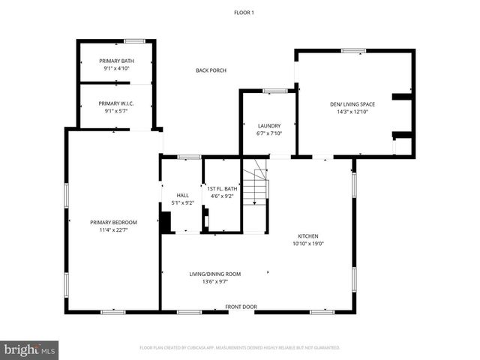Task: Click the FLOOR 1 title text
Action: [x=244, y=12]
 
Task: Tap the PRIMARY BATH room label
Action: [x=116, y=60]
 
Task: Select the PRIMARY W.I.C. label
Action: [x=116, y=103]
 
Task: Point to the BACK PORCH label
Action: [x=211, y=70]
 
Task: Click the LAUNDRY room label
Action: [x=268, y=125]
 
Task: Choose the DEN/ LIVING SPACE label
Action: [x=352, y=103]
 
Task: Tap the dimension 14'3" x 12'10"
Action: [x=352, y=111]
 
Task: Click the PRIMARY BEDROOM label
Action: [x=113, y=222]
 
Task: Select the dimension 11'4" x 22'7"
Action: [x=113, y=229]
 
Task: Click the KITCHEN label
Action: [x=308, y=235]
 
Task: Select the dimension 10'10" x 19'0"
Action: [x=308, y=243]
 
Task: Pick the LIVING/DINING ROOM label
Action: [x=214, y=274]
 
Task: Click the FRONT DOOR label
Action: [x=241, y=307]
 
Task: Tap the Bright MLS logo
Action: [x=30, y=349]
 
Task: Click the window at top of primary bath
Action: [x=135, y=40]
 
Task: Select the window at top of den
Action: [x=353, y=51]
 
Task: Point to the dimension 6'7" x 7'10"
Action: [x=268, y=133]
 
